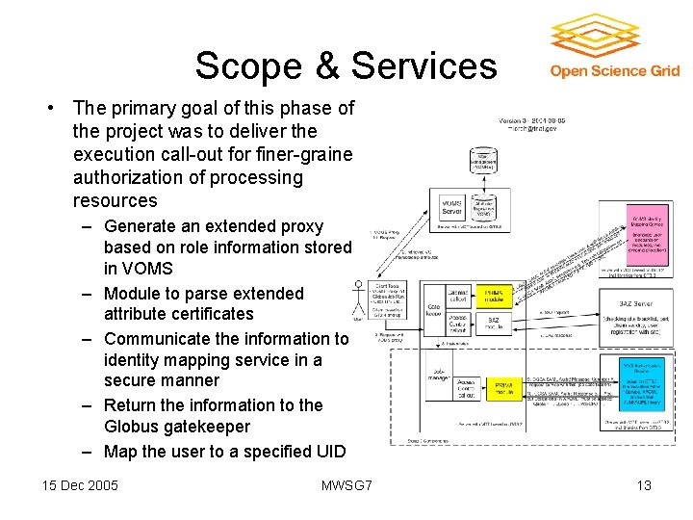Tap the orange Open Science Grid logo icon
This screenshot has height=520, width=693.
click(x=596, y=36)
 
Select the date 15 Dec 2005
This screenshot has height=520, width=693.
click(x=81, y=485)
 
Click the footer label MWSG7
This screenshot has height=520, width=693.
click(x=346, y=485)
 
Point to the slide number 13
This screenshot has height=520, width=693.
click(x=644, y=485)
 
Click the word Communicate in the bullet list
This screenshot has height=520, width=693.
click(x=162, y=338)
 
